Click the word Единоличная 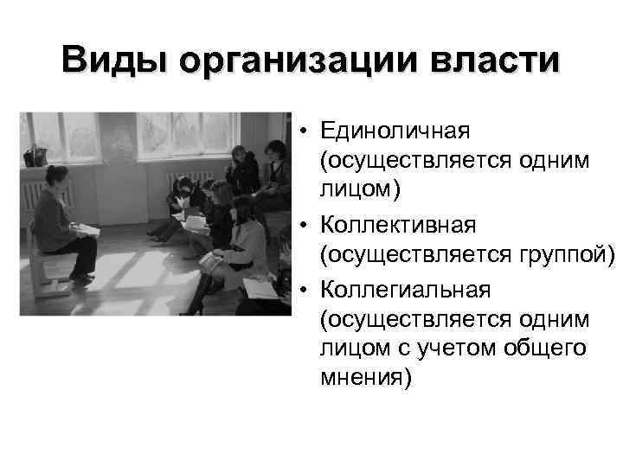[x=394, y=131]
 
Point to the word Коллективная [x=398, y=226]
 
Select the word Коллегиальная [x=405, y=288]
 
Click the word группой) [x=563, y=257]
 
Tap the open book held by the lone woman [x=86, y=229]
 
